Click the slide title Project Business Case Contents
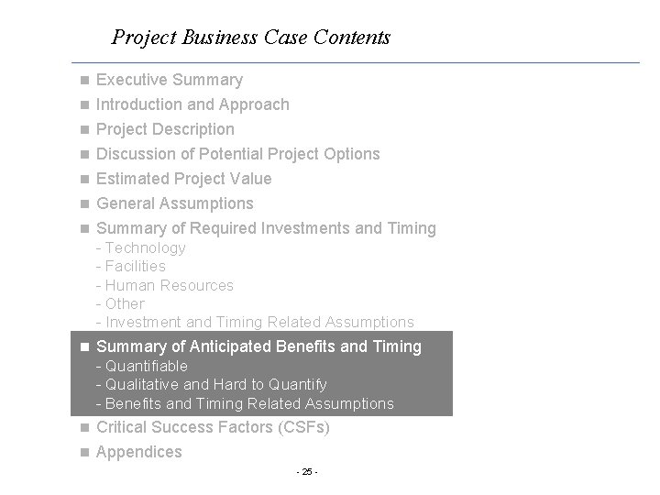250,38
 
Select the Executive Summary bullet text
170,80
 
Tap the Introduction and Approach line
192,104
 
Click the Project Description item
165,129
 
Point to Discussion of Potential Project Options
237,154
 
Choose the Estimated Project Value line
183,179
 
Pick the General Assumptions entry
174,203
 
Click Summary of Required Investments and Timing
266,228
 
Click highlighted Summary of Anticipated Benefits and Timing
258,346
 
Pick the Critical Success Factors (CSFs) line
213,427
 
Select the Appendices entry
138,452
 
